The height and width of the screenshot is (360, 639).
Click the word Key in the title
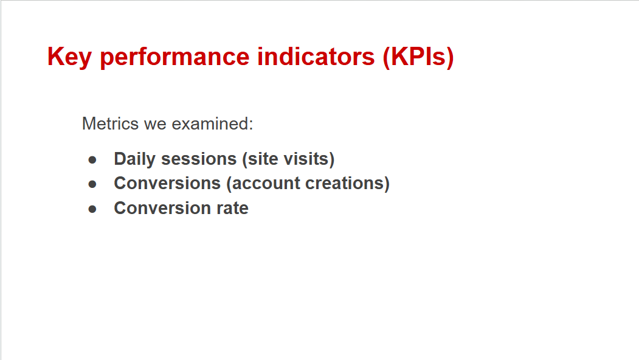click(x=69, y=57)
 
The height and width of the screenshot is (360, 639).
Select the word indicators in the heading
click(x=316, y=57)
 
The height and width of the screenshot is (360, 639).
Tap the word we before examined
click(x=155, y=125)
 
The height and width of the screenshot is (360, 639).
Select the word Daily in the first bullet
click(x=134, y=159)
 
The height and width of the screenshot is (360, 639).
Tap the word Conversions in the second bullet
click(x=167, y=184)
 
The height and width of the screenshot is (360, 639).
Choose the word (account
click(x=263, y=184)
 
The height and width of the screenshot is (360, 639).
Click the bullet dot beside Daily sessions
click(x=92, y=160)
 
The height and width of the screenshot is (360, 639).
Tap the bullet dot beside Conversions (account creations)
click(x=92, y=184)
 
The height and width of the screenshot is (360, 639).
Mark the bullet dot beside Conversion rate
click(x=92, y=209)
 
